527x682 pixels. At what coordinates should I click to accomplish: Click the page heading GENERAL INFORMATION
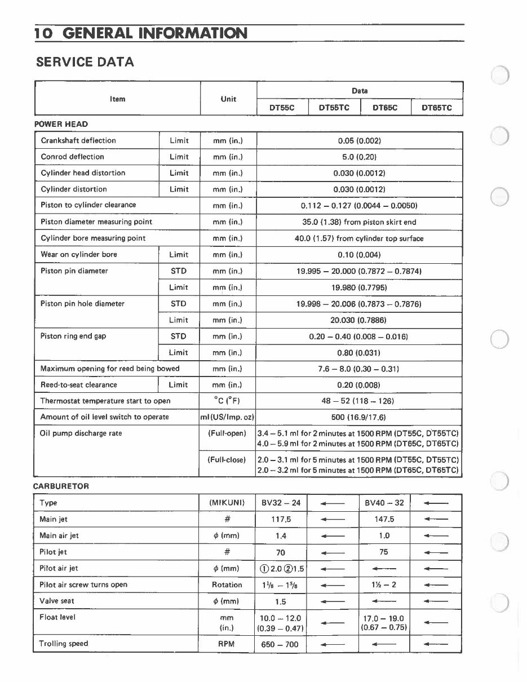[155, 34]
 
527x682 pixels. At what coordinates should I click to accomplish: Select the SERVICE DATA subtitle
[85, 62]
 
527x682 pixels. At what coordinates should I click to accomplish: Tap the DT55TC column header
[334, 108]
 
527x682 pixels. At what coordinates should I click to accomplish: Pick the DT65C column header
[385, 108]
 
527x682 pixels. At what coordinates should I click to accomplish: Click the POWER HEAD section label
[61, 124]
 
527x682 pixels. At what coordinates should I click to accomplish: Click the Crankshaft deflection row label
[78, 140]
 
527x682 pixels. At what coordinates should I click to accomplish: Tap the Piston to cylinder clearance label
[88, 205]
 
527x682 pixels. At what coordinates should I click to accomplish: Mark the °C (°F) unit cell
[228, 401]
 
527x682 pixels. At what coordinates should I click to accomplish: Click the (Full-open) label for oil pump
[227, 434]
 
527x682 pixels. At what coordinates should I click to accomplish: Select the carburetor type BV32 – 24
[281, 503]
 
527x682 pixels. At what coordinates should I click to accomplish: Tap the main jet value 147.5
[384, 519]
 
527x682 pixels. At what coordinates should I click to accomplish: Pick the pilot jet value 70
[281, 552]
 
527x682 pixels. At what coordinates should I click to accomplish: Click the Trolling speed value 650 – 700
[280, 644]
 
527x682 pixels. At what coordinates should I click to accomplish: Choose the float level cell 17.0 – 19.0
[384, 619]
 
